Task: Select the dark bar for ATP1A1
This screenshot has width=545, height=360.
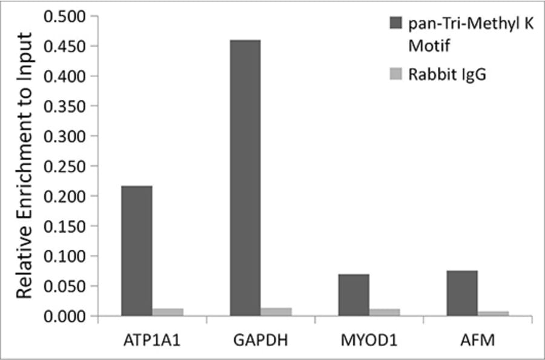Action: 137,251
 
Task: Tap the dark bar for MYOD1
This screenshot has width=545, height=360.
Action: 354,295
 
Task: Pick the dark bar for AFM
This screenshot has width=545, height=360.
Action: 463,293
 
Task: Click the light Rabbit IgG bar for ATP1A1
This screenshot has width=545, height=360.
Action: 168,312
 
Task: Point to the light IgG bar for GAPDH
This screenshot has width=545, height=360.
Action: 276,312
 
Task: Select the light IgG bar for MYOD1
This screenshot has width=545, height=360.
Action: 385,312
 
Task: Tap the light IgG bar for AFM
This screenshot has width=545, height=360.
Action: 494,313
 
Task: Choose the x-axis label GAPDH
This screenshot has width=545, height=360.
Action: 260,341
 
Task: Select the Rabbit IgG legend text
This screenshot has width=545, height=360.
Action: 448,75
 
